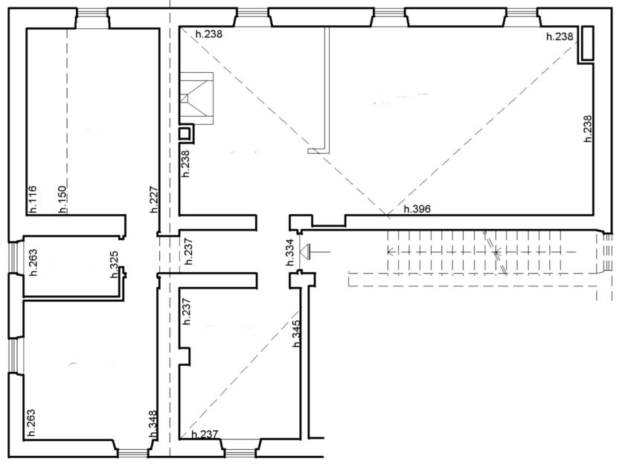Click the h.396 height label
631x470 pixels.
click(417, 209)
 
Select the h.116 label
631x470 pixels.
click(32, 199)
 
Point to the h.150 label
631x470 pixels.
click(62, 199)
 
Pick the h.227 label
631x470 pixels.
click(153, 199)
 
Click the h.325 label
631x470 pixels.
click(115, 264)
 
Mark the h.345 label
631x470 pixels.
click(297, 333)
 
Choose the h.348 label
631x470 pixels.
click(153, 423)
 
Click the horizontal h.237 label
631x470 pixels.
click(205, 434)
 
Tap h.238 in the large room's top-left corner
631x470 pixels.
click(209, 33)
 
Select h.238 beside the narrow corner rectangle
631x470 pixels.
click(560, 36)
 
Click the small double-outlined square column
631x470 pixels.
click(186, 133)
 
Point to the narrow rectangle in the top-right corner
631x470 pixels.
click(588, 43)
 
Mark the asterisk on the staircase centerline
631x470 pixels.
click(496, 251)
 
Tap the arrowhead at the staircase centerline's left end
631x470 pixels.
click(390, 251)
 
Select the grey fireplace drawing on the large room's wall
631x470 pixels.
click(196, 98)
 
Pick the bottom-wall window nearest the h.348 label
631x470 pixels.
click(133, 453)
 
